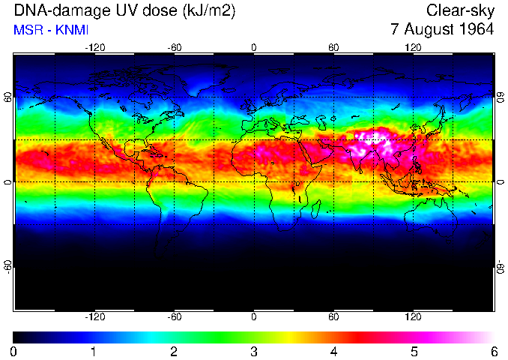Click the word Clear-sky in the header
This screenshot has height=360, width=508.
(x=459, y=10)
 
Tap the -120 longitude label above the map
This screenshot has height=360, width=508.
(x=94, y=48)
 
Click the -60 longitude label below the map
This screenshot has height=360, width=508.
(x=174, y=316)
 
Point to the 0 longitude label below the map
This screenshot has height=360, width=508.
(x=254, y=316)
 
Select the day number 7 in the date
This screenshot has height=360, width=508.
(x=396, y=29)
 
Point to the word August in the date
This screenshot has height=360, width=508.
(x=429, y=30)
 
